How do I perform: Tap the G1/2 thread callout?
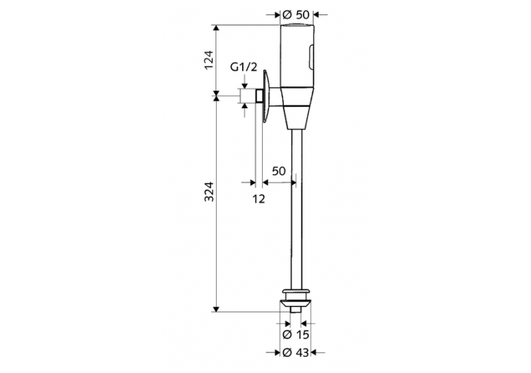pos(244,68)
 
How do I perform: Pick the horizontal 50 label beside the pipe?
pos(278,171)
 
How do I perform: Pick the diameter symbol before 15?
pos(286,334)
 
